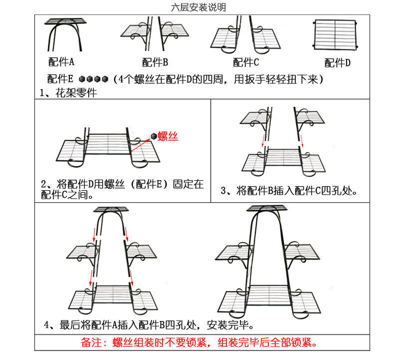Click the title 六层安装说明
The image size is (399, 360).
(x=198, y=7)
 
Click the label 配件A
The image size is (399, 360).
(x=61, y=62)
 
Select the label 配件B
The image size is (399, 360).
(x=155, y=62)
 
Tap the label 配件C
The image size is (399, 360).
(x=246, y=62)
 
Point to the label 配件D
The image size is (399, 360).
(x=338, y=62)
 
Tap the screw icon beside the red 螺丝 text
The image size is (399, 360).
(x=153, y=136)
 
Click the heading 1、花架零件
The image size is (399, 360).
(x=68, y=92)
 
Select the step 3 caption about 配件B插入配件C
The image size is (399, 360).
(x=291, y=190)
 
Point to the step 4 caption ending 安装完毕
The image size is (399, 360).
(x=150, y=325)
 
